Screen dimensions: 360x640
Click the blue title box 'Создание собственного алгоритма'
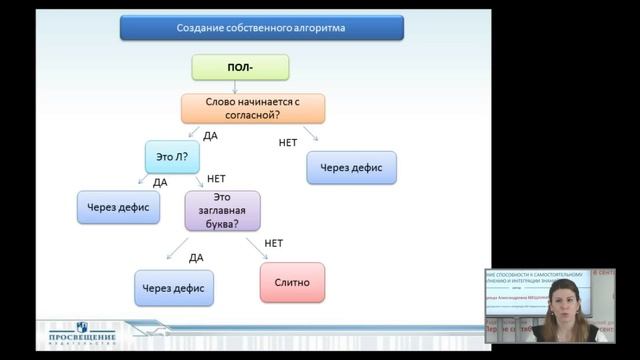coord(261,27)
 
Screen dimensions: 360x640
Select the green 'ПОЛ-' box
coord(240,67)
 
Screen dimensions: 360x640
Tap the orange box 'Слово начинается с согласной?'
coord(253,108)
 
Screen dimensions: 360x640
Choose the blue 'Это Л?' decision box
coord(173,157)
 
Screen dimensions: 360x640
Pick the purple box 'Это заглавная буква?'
coord(222,211)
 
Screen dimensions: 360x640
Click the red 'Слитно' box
coord(292,282)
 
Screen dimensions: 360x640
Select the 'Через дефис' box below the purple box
coord(173,288)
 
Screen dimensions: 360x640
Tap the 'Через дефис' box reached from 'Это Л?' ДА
coord(119,206)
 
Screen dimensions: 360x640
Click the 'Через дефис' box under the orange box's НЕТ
coord(351,167)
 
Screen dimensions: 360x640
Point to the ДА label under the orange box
coord(210,135)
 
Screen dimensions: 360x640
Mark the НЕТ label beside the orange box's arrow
coord(288,143)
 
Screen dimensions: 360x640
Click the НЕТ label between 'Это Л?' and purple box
coord(217,179)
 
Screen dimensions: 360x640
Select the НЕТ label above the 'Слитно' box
coord(273,243)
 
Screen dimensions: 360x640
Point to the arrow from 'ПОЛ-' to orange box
coord(240,87)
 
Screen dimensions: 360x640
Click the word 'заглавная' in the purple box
coord(222,211)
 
